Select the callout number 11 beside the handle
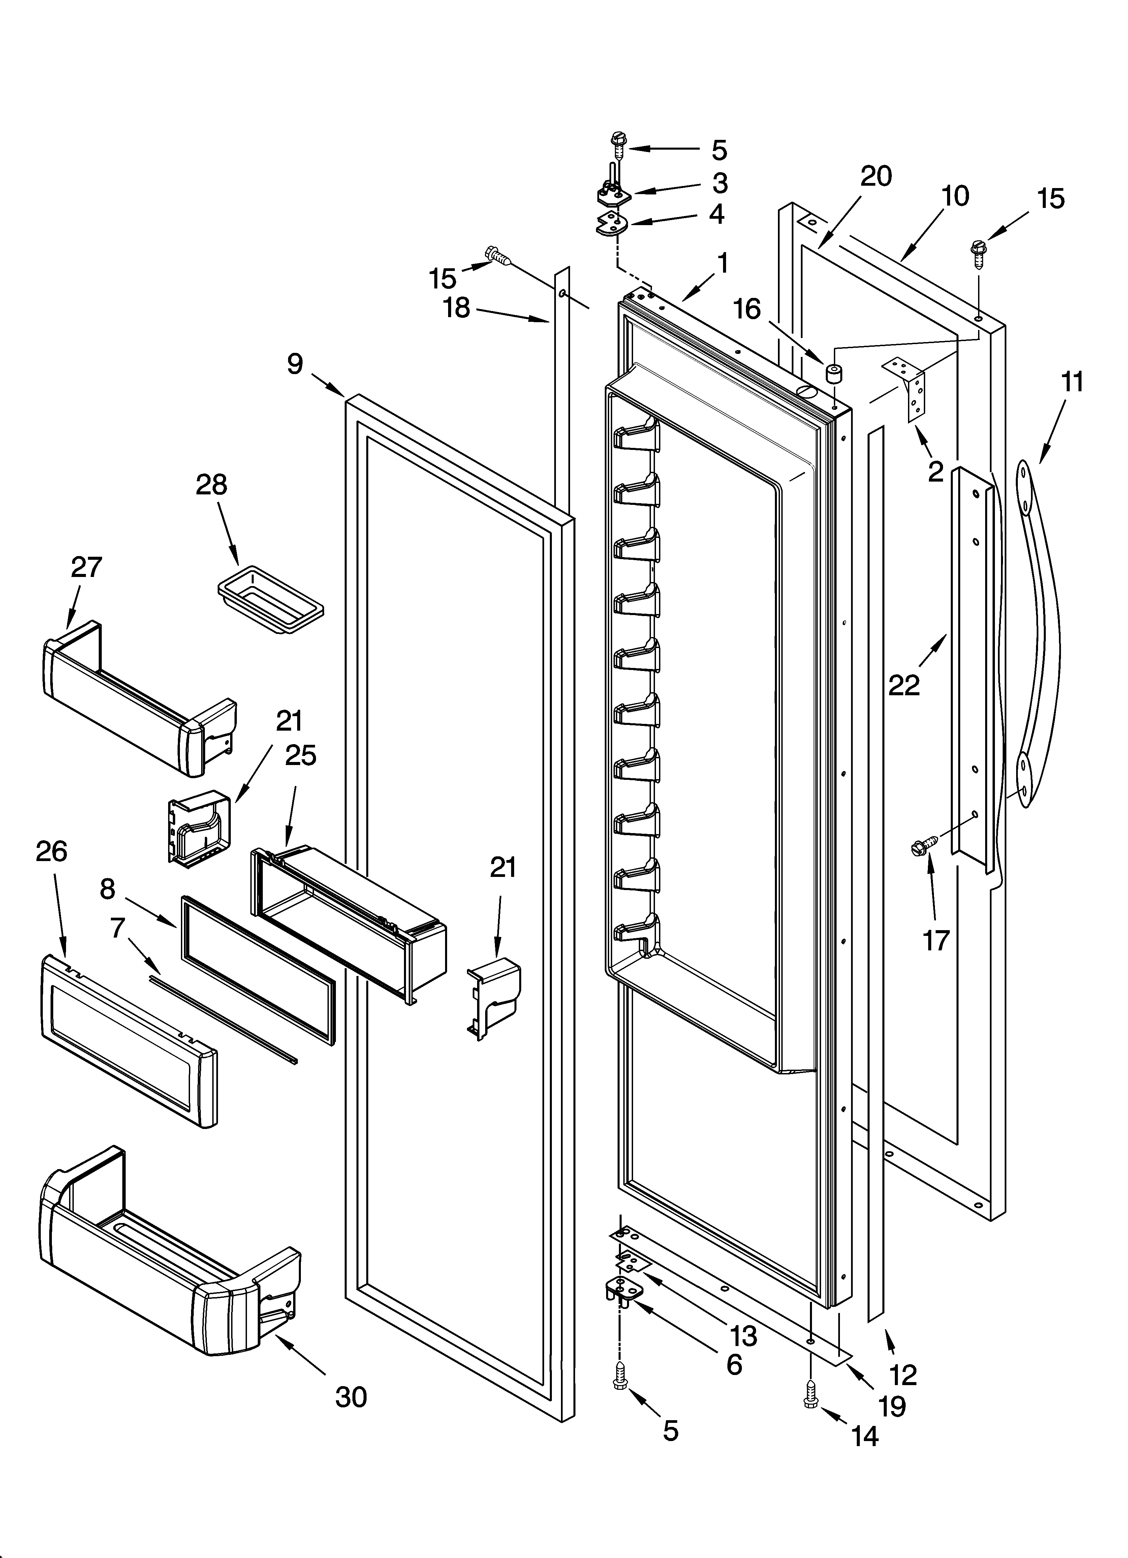tap(1072, 381)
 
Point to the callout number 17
tap(936, 940)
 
